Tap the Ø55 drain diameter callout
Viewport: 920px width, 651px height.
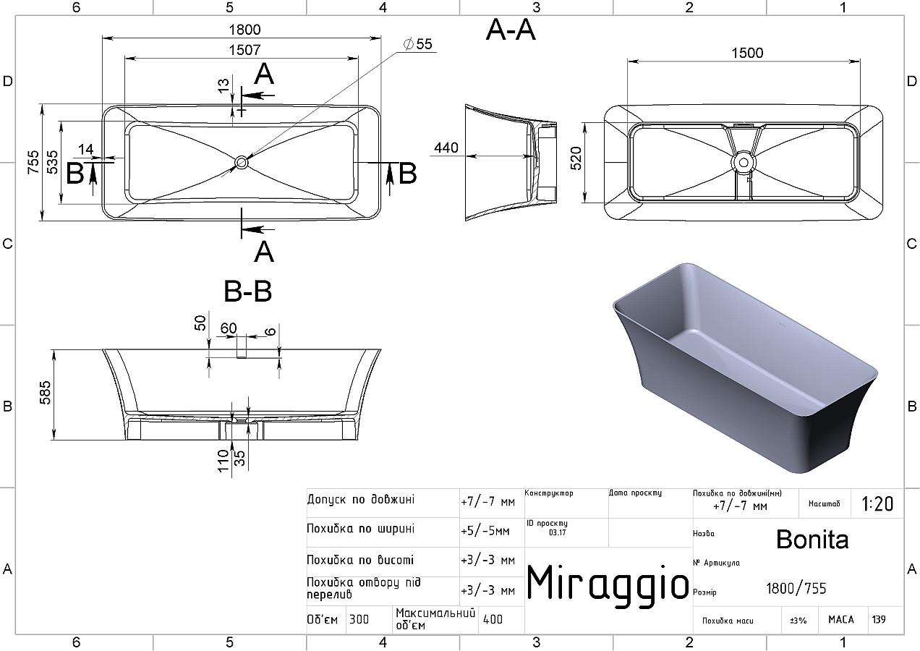tap(419, 44)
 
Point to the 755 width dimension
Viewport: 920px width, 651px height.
tap(33, 163)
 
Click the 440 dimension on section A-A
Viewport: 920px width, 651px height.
tap(446, 148)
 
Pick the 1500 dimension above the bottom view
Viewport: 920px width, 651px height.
tap(747, 53)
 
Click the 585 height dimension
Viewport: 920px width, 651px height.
tap(45, 394)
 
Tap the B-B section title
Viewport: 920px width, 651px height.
tap(247, 292)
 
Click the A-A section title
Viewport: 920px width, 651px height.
tap(511, 30)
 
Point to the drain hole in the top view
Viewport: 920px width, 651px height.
tap(241, 163)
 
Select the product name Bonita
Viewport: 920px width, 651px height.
tap(812, 539)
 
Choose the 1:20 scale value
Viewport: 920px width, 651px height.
tap(877, 503)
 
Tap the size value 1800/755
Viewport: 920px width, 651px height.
tap(796, 589)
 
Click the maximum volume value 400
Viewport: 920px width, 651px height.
tap(493, 619)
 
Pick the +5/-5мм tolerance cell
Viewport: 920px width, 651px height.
tap(485, 531)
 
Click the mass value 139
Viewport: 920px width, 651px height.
tap(878, 620)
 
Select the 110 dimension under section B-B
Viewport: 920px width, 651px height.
tap(224, 461)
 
